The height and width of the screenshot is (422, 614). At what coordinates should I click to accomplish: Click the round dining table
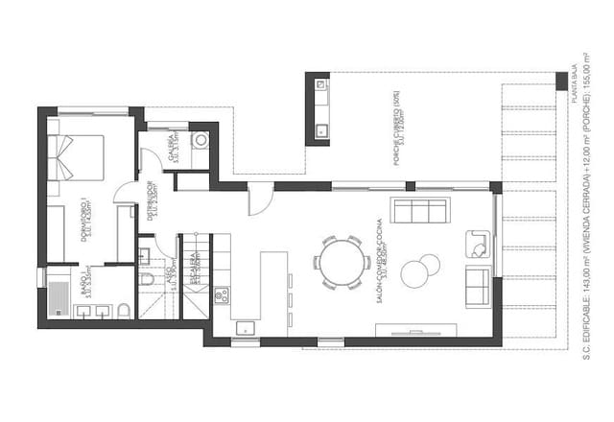click(342, 261)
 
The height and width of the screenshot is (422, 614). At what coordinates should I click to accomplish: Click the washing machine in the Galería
click(201, 141)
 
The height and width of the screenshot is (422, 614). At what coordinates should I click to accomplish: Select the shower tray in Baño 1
click(57, 296)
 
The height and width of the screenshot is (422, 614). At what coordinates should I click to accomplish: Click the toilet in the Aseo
click(147, 279)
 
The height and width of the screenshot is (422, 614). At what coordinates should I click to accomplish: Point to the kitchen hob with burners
click(221, 294)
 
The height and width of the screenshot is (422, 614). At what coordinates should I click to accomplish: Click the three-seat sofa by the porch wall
click(420, 210)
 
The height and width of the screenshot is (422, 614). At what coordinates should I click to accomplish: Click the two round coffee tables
click(416, 271)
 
